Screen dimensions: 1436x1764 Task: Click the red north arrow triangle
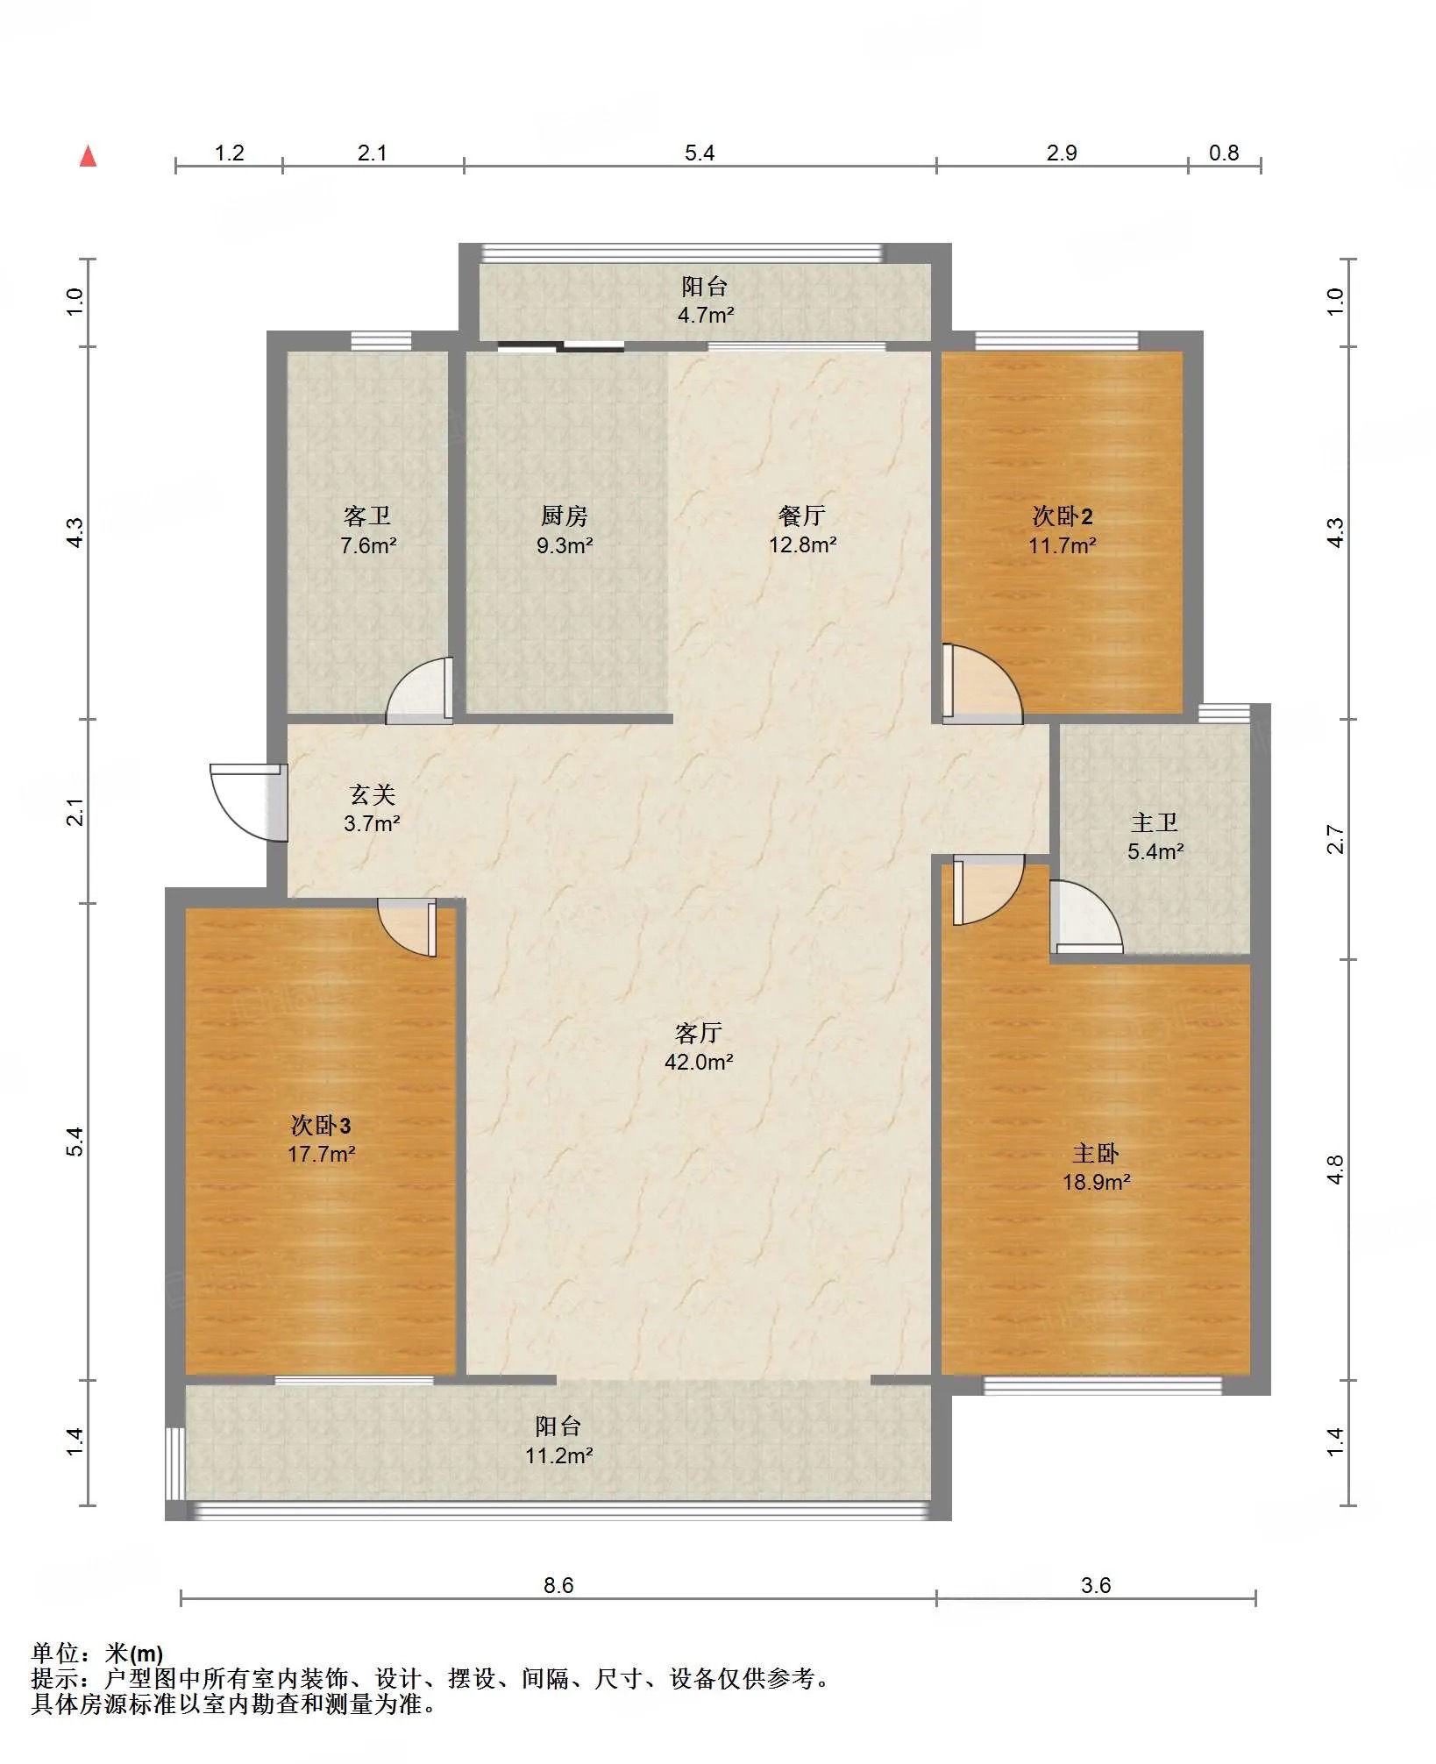88,156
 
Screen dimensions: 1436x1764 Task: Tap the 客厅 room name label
698,1033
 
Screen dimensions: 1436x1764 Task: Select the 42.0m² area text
699,1062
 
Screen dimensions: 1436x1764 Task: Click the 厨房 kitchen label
565,516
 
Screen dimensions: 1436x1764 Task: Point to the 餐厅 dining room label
801,516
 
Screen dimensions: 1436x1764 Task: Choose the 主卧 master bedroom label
1096,1153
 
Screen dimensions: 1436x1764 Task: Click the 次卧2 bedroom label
1063,516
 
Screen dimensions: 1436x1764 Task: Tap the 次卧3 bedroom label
321,1125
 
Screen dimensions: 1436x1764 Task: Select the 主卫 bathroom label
1155,822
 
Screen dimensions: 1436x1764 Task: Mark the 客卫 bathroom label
367,516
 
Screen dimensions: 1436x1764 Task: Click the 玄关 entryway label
373,794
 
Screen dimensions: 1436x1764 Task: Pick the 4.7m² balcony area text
706,315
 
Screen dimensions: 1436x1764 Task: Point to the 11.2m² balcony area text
559,1455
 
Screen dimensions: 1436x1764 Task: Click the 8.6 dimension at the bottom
558,1585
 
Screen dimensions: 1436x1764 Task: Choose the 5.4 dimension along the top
700,153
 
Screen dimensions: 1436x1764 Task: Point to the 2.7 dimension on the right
1334,839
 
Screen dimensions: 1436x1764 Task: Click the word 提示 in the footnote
55,1678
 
